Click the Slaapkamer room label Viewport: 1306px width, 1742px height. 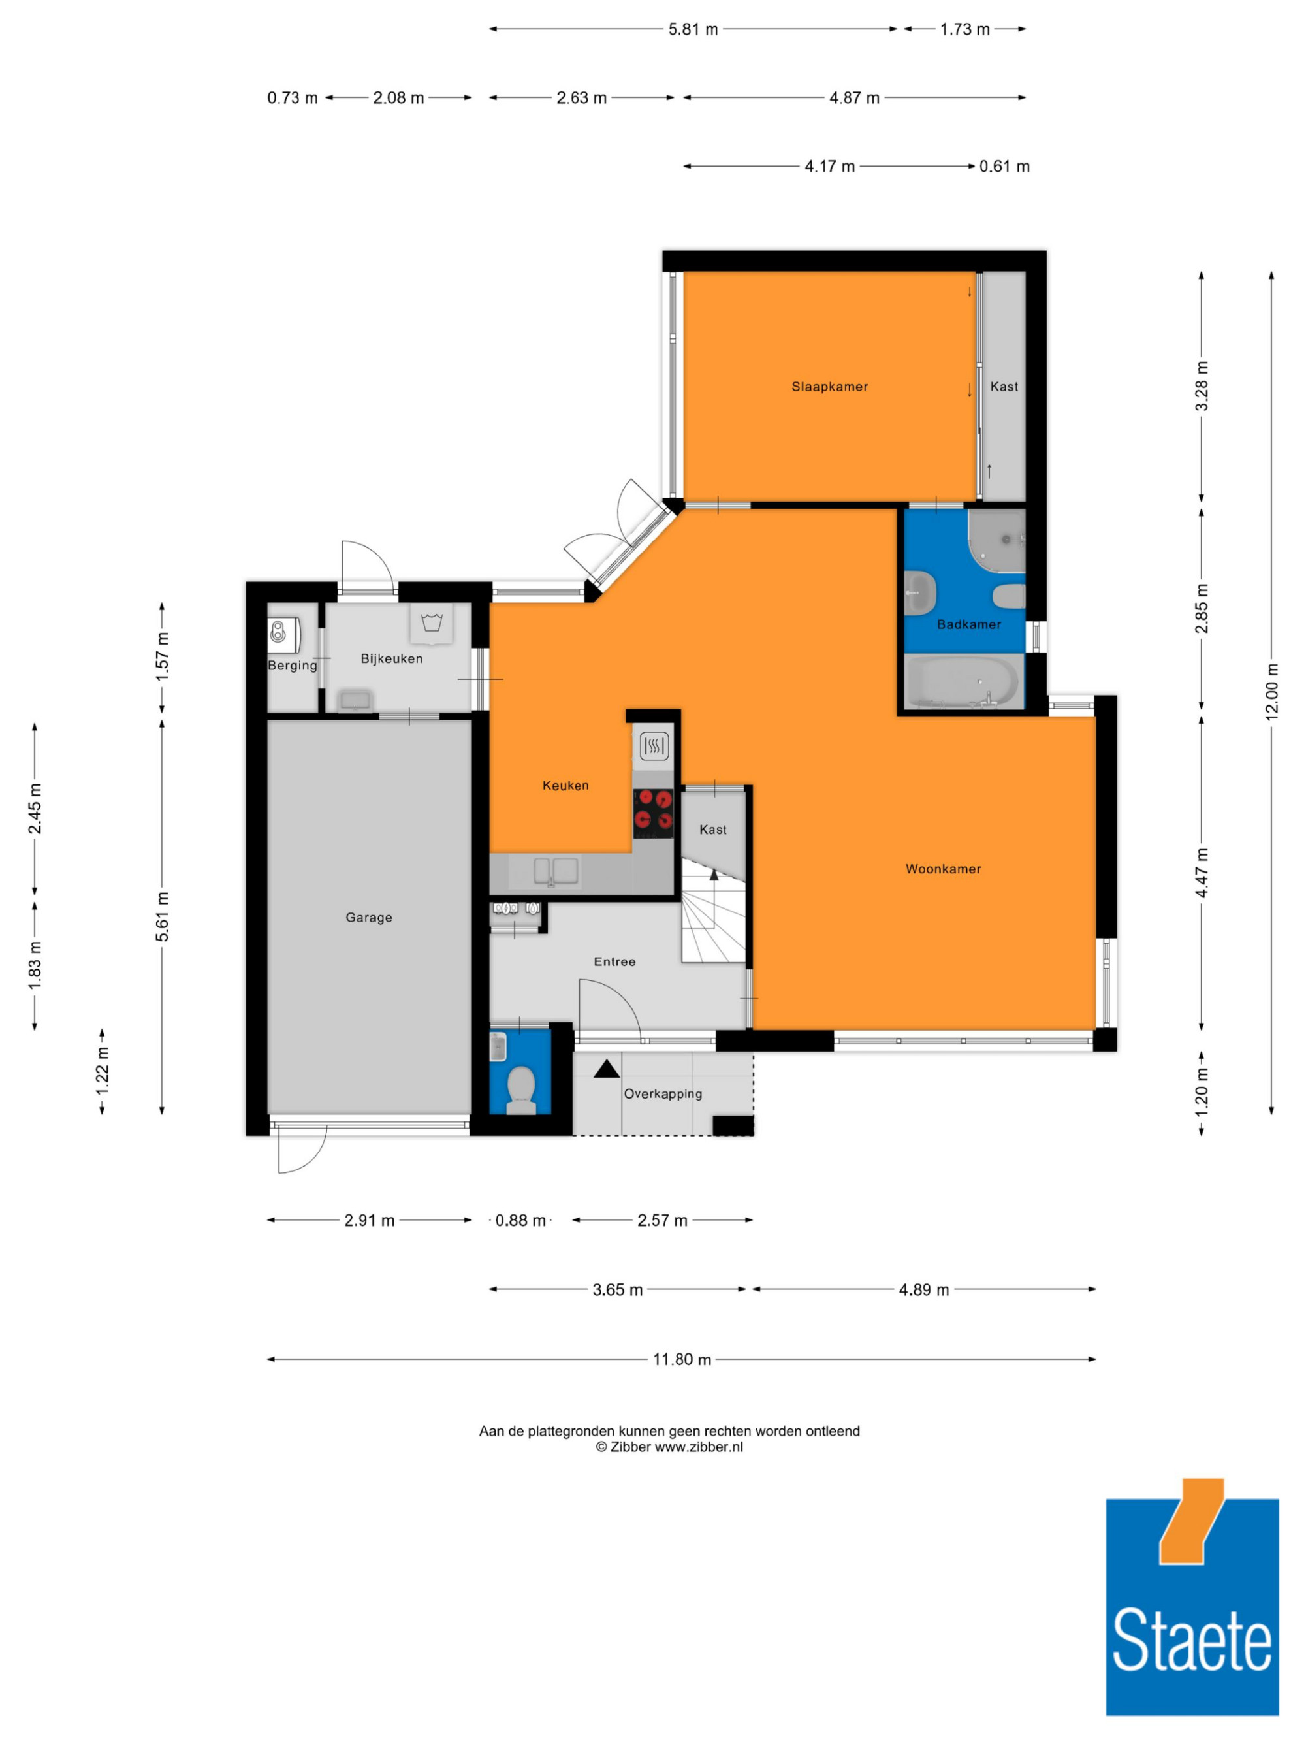[830, 387]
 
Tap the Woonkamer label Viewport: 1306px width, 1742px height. [943, 869]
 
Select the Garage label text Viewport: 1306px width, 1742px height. [368, 918]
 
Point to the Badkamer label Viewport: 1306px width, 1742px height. [969, 624]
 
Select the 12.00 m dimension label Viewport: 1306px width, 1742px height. [1272, 692]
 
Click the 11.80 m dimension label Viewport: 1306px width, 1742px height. [682, 1360]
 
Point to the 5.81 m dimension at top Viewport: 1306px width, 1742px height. [693, 30]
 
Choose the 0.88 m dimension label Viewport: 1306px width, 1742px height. [520, 1221]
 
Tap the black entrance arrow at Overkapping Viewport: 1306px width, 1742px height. [606, 1069]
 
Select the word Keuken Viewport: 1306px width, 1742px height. [565, 785]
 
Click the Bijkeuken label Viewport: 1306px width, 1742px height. [391, 658]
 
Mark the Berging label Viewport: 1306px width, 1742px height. [292, 666]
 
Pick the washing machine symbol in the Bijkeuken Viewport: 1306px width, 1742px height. [430, 623]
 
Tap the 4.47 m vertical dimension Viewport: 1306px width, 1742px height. [1202, 873]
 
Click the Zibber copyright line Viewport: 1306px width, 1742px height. [669, 1447]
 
